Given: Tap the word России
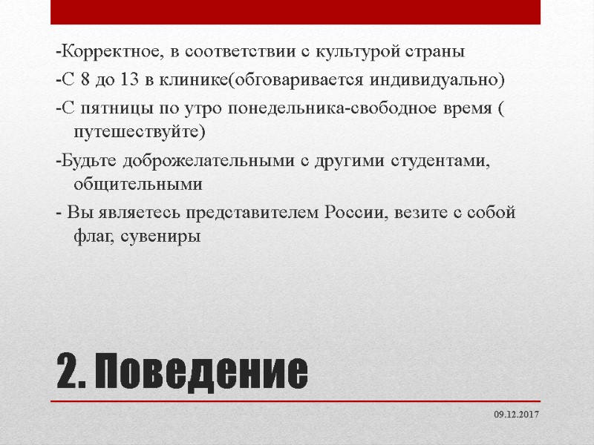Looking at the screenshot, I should tap(353, 213).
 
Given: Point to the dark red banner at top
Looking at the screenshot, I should tap(296, 12).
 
